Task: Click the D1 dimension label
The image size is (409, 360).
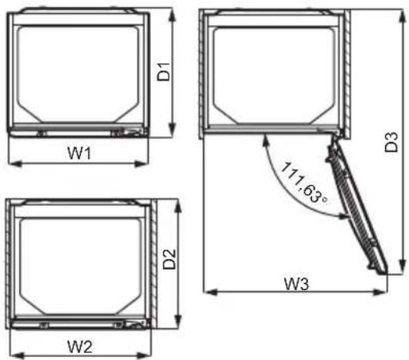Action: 164,72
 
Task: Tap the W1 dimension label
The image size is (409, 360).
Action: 79,153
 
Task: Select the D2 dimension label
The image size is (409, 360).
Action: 169,259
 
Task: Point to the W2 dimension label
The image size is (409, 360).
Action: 79,347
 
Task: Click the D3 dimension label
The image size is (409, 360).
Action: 391,143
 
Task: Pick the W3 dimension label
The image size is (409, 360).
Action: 297,284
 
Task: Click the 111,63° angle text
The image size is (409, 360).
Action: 303,183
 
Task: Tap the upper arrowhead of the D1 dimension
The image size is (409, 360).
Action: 172,16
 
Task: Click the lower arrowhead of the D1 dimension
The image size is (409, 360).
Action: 172,130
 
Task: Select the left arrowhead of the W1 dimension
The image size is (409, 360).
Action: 15,164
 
